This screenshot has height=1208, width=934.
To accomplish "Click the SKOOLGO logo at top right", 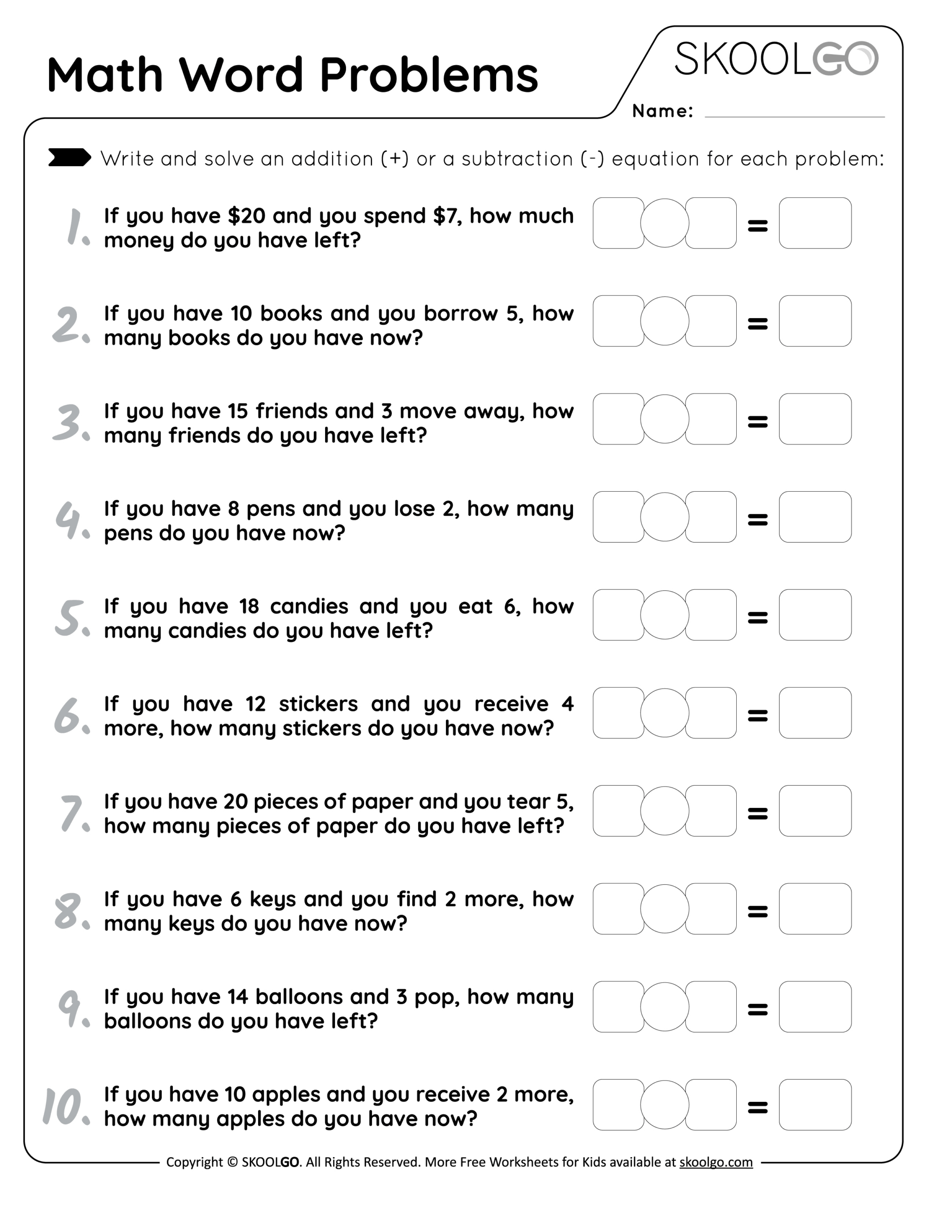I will coord(776,59).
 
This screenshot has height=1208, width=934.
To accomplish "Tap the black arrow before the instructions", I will coord(69,158).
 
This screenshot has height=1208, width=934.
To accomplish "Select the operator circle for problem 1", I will coord(664,223).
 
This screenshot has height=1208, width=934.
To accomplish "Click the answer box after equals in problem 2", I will coord(815,321).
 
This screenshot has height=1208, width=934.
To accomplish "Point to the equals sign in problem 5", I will coord(757,617).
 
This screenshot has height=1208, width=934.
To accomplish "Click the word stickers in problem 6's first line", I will coord(318,704).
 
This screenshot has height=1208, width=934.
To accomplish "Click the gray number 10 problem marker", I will coord(64,1106).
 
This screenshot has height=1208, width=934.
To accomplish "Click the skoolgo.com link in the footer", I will coord(715,1162).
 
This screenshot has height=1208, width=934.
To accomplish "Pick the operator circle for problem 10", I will coord(664,1105).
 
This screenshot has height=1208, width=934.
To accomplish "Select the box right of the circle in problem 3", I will coord(712,419).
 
